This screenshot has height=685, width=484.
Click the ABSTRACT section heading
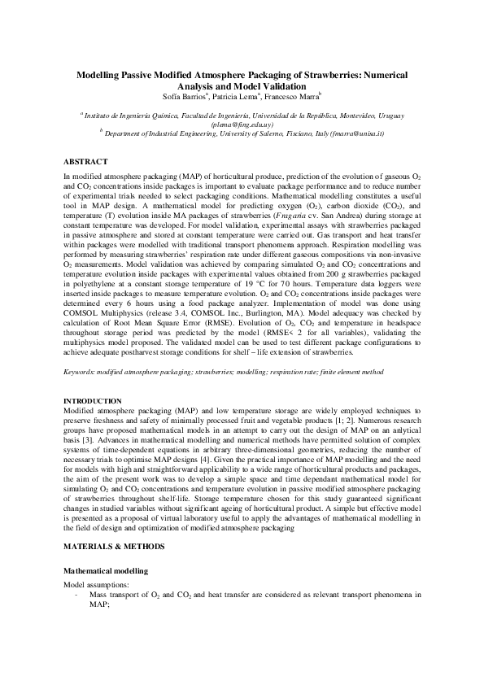pyautogui.click(x=85, y=161)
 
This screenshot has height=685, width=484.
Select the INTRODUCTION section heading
pyautogui.click(x=93, y=401)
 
